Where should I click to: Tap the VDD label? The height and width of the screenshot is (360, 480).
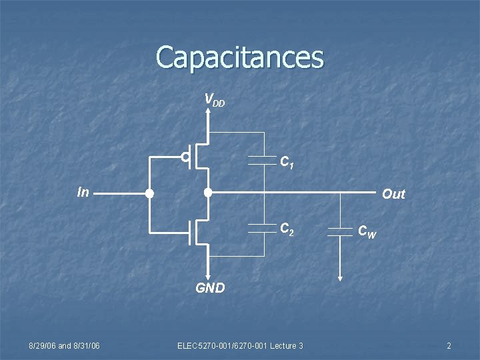click(215, 101)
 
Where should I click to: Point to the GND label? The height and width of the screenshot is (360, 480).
click(210, 289)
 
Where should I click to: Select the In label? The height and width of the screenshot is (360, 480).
click(83, 193)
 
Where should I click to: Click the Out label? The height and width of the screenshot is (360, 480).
click(393, 194)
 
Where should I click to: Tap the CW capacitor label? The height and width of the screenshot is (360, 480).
click(367, 231)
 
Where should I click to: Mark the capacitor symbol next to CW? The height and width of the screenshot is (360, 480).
click(340, 230)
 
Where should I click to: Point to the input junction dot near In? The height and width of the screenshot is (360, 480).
click(150, 194)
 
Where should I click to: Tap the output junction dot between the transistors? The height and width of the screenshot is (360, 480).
click(208, 193)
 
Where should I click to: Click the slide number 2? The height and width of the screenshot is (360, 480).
click(449, 345)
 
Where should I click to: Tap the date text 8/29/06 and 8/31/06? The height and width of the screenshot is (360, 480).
click(64, 345)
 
